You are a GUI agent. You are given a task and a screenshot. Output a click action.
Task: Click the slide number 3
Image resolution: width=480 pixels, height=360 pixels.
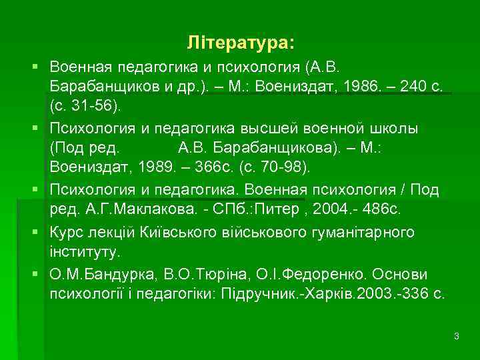tap(456, 336)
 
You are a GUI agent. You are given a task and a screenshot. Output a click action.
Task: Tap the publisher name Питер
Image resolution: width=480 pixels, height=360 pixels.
tap(269, 211)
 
